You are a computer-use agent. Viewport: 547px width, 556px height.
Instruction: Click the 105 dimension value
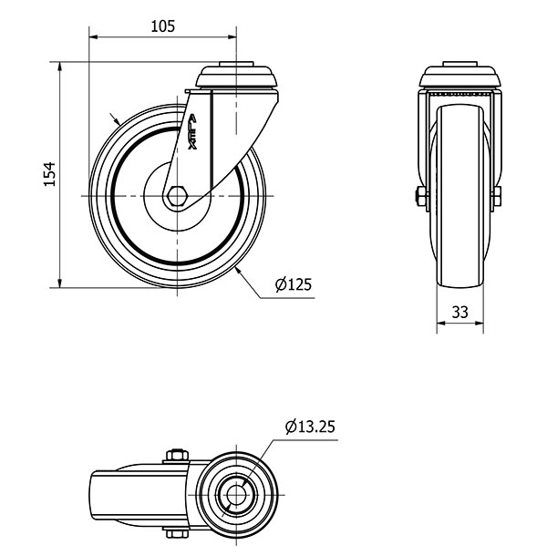click(x=163, y=26)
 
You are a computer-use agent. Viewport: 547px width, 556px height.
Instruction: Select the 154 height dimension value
click(x=49, y=174)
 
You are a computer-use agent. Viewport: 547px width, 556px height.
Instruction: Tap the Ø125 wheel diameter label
click(x=294, y=284)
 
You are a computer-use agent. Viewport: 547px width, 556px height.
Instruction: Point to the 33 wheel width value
click(x=459, y=312)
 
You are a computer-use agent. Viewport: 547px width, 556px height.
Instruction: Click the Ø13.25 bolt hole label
click(x=310, y=427)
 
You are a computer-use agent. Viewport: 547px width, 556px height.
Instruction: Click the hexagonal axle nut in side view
click(x=176, y=196)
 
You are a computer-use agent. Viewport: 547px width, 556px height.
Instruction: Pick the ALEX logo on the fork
click(x=193, y=132)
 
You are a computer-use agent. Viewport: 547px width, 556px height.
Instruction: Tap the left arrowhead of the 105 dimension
click(x=94, y=36)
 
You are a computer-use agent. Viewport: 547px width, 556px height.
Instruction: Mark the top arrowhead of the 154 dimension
click(x=60, y=67)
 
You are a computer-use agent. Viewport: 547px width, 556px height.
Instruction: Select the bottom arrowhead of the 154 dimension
click(x=60, y=283)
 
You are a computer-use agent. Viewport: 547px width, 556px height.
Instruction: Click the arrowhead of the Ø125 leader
click(x=238, y=272)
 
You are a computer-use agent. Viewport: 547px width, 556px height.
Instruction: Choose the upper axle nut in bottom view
click(x=176, y=456)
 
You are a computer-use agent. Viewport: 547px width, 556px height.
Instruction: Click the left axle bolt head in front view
click(x=420, y=197)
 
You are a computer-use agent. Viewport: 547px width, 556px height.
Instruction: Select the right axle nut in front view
click(x=497, y=197)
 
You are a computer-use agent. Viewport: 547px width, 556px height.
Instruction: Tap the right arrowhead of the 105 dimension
click(x=232, y=36)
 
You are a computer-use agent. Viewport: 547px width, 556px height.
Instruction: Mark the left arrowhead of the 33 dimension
click(x=441, y=323)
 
